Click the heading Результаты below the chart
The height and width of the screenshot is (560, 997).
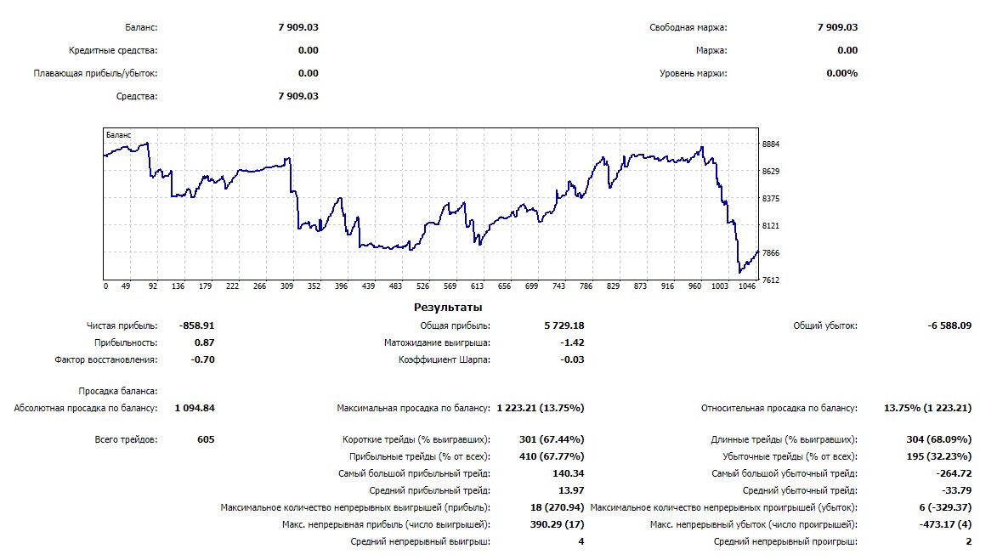[448, 307]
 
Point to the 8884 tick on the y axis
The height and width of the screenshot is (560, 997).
[771, 144]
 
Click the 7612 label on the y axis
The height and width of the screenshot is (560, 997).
[771, 280]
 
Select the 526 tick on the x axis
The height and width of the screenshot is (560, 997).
[423, 286]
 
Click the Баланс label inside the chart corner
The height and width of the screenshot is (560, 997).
[118, 134]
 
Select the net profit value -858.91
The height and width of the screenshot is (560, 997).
[197, 325]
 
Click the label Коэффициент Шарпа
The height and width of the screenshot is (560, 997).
[445, 359]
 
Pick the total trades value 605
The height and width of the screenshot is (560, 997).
[205, 439]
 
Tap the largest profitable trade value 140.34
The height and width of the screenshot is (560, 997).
[568, 473]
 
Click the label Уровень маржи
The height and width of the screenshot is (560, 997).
[693, 73]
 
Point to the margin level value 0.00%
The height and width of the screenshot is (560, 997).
[841, 73]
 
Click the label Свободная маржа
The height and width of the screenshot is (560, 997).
[688, 28]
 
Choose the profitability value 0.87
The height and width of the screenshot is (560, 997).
[204, 342]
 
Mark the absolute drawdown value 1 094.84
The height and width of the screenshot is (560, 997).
[195, 408]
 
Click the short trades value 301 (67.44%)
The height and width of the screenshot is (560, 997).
[551, 439]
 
